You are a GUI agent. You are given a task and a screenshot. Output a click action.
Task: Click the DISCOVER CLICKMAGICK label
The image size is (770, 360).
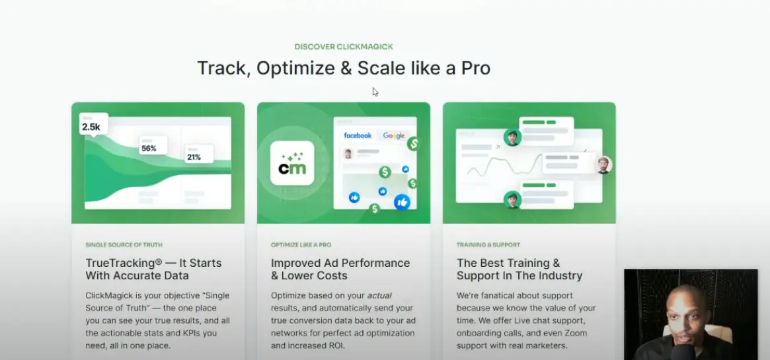pos(343,47)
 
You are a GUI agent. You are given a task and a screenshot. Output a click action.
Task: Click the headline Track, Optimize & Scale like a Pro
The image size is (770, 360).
pos(343,68)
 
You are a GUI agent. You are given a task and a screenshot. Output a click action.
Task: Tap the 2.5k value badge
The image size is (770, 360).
pos(92,126)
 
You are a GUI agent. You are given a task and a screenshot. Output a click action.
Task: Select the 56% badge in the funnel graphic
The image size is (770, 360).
pos(149,149)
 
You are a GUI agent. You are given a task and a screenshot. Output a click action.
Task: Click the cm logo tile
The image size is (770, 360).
pos(291,162)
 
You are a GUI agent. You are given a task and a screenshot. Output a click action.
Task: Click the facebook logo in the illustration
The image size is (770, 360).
pos(358,135)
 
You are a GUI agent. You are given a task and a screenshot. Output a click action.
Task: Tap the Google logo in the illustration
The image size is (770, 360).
pos(394,135)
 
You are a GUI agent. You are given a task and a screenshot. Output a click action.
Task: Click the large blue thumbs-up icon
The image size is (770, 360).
pos(402,202)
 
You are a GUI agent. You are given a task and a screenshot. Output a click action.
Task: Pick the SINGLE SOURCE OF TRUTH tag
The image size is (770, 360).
pos(124,245)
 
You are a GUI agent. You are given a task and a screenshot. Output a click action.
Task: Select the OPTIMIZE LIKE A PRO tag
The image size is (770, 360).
pos(301,245)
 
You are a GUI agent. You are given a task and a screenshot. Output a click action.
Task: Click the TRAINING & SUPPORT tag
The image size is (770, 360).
pos(488,245)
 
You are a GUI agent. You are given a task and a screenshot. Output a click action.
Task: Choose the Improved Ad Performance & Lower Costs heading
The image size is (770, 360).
pos(340,270)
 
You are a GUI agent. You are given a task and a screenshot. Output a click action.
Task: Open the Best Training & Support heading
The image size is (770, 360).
pos(519,270)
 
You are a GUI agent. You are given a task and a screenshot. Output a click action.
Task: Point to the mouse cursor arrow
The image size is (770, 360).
pos(375,92)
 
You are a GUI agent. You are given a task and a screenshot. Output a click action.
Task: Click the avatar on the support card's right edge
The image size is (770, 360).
pos(603,164)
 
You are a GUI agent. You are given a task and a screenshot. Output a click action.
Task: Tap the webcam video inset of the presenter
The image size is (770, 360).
pos(690,314)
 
